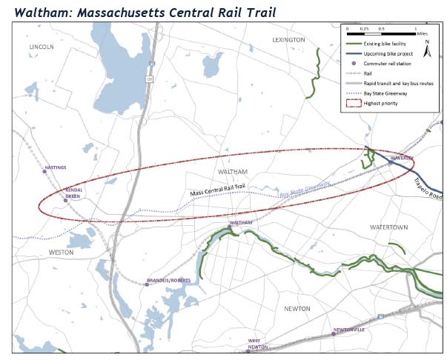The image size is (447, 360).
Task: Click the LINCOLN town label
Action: click(x=42, y=47)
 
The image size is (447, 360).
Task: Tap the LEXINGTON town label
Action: click(x=288, y=39)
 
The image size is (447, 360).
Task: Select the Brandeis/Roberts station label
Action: click(x=170, y=281)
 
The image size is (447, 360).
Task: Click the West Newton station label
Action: click(x=257, y=344)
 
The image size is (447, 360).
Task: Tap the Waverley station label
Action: click(x=400, y=158)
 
